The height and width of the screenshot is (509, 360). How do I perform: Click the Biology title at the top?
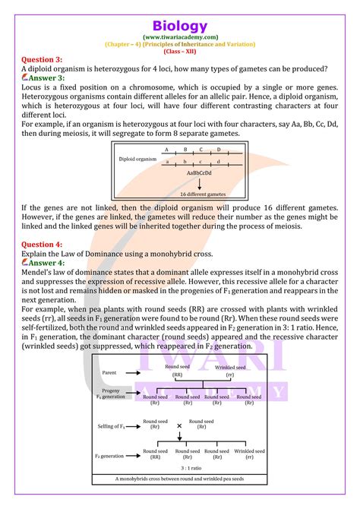pyautogui.click(x=179, y=27)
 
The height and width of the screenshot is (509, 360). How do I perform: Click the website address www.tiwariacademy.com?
pyautogui.click(x=179, y=36)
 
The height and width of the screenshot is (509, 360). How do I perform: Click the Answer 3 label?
pyautogui.click(x=42, y=77)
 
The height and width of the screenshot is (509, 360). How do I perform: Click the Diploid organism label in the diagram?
pyautogui.click(x=138, y=160)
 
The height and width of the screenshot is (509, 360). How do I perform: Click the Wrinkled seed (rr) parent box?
pyautogui.click(x=230, y=371)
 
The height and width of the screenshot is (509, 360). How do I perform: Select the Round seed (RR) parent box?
pyautogui.click(x=177, y=371)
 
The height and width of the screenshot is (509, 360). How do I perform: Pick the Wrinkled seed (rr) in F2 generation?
pyautogui.click(x=248, y=455)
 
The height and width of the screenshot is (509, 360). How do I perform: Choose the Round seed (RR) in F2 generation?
pyautogui.click(x=154, y=455)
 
